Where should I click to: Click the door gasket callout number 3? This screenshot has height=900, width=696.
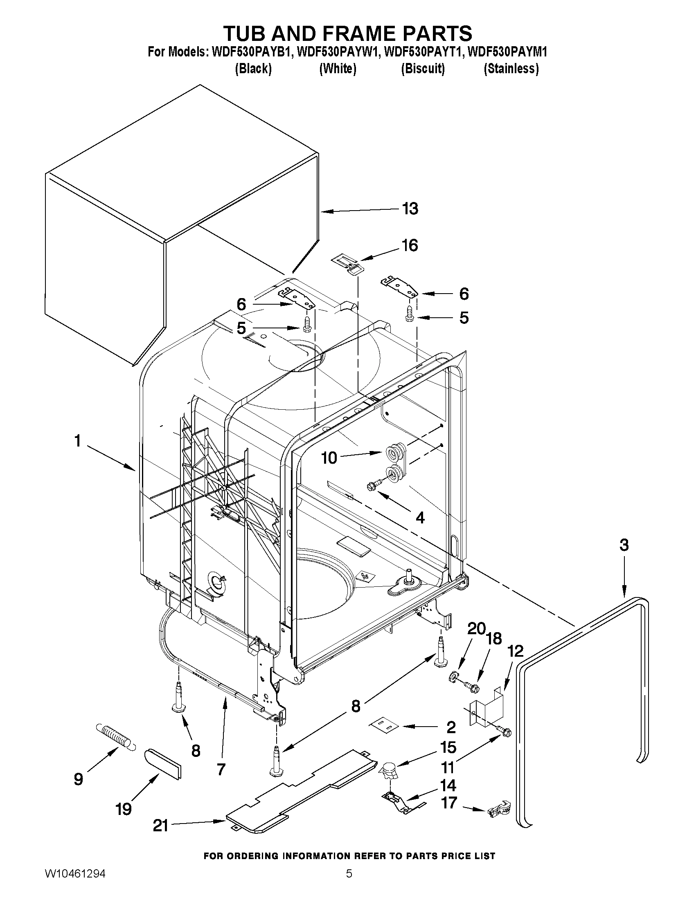(624, 545)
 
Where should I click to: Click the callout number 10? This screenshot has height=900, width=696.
(329, 458)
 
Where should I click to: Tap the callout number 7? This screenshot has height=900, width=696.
(221, 769)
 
